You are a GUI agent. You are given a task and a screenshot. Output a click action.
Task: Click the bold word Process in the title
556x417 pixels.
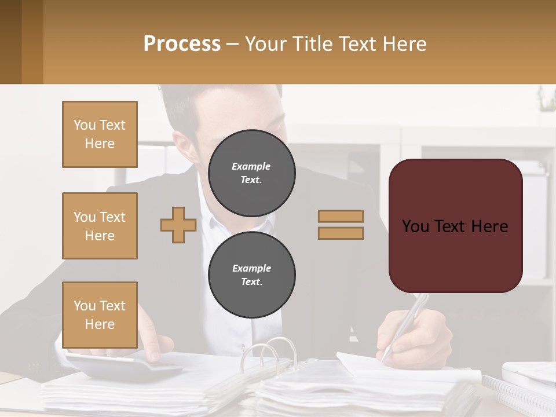pyautogui.click(x=182, y=44)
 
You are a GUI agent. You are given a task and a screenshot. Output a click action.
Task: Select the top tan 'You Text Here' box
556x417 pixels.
pyautogui.click(x=100, y=134)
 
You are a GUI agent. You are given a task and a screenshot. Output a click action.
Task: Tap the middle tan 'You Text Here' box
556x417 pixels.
pyautogui.click(x=100, y=226)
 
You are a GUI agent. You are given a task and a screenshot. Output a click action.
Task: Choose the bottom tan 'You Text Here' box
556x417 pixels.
pyautogui.click(x=100, y=314)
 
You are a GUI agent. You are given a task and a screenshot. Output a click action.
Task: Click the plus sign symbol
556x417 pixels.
pyautogui.click(x=178, y=225)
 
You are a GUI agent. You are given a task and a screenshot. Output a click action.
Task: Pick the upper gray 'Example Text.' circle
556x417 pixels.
pyautogui.click(x=251, y=173)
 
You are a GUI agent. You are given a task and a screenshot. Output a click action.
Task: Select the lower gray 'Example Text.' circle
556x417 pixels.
pyautogui.click(x=251, y=275)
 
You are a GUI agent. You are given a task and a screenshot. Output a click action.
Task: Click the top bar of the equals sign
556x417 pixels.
pyautogui.click(x=341, y=216)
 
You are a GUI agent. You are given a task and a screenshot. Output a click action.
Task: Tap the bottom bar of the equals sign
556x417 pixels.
pyautogui.click(x=341, y=233)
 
